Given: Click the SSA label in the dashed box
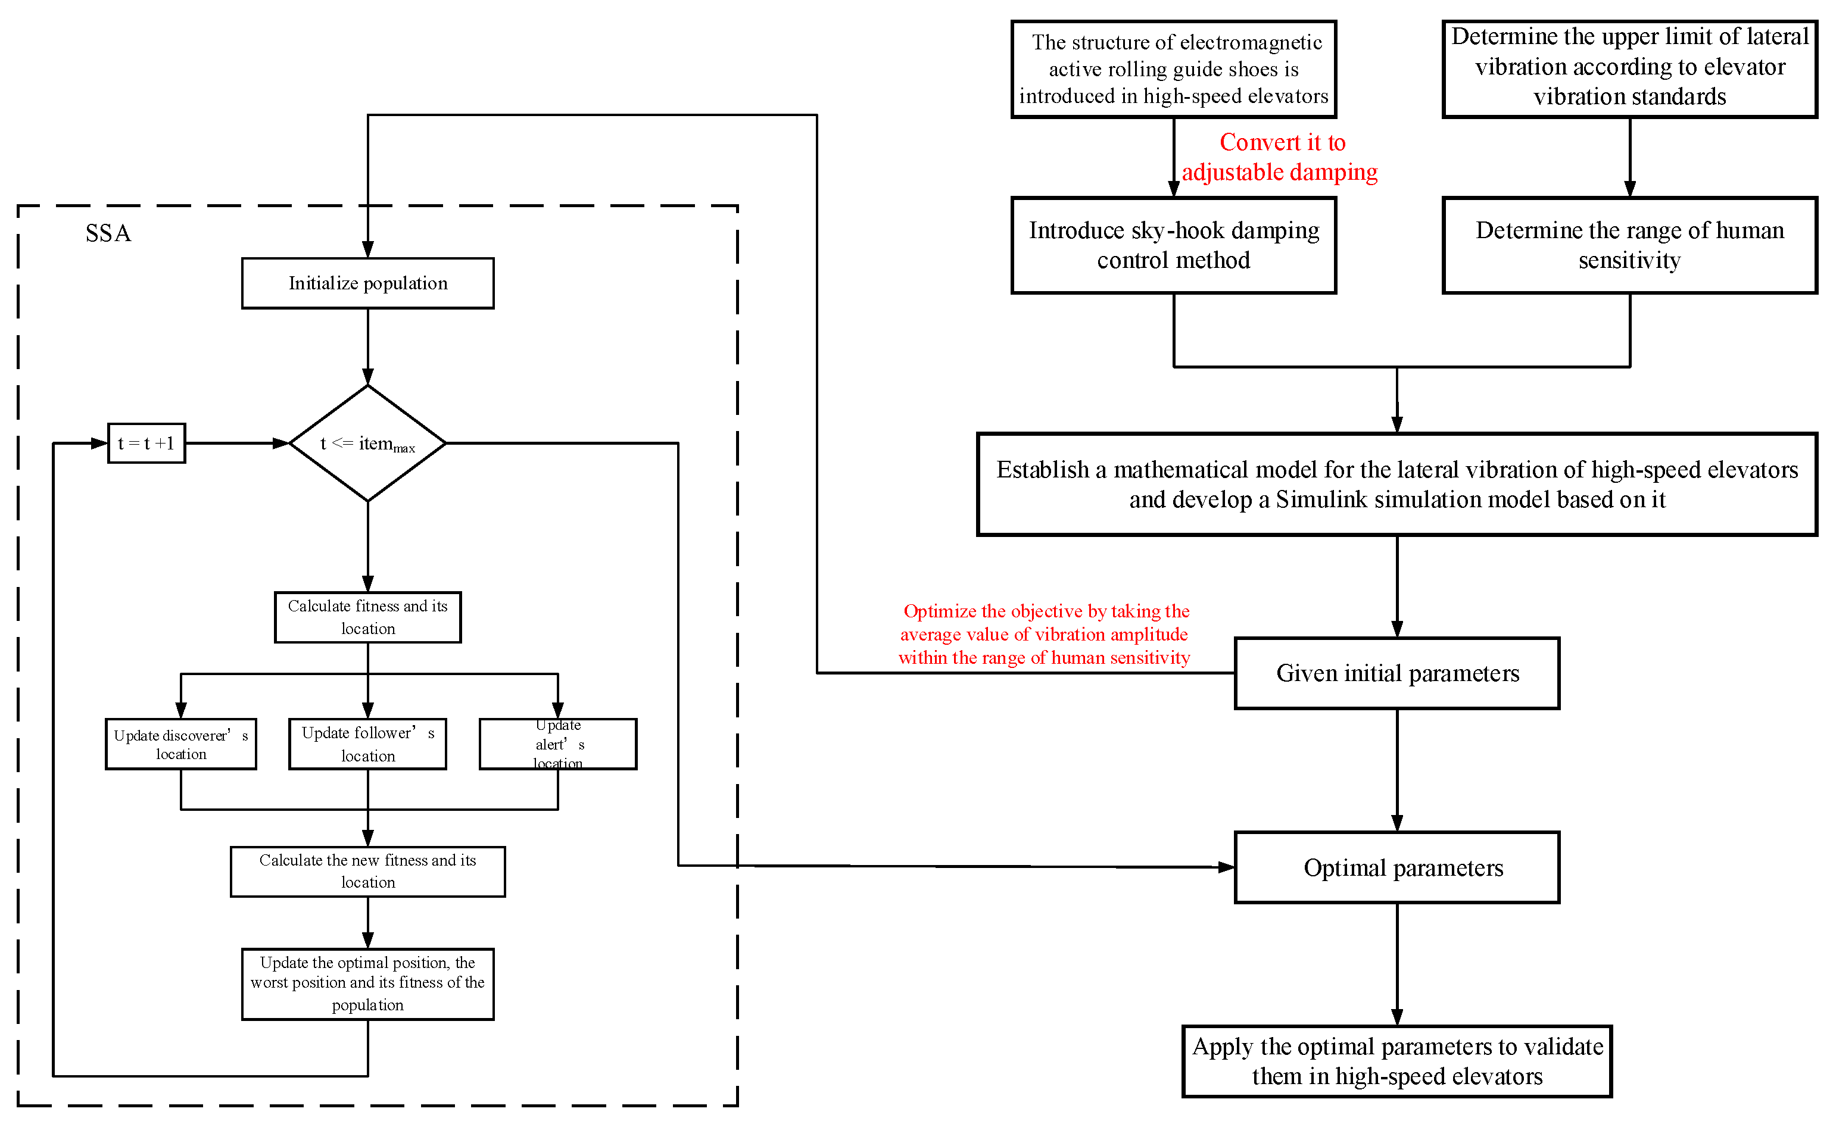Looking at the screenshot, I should [108, 233].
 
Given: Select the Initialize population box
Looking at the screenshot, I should [367, 283].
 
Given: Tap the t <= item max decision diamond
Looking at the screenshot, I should [367, 444].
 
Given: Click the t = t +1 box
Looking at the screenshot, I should [146, 444].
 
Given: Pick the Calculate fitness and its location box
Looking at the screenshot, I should [367, 617].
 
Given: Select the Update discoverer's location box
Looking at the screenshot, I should [181, 744].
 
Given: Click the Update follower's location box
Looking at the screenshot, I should [367, 744].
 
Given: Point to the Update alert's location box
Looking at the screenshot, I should [558, 744].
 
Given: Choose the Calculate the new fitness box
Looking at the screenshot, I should [367, 871].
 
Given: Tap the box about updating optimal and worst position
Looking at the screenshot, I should [367, 983].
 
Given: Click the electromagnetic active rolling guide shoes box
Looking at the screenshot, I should [1173, 69].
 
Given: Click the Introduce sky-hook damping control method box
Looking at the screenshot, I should [1173, 245].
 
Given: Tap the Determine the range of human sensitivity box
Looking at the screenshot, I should [1629, 245].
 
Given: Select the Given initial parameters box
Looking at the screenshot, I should [1396, 673].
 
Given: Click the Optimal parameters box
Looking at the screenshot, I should [1396, 867].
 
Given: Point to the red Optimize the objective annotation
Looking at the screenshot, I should [1044, 635].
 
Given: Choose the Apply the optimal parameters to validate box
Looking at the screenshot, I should [1396, 1061].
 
